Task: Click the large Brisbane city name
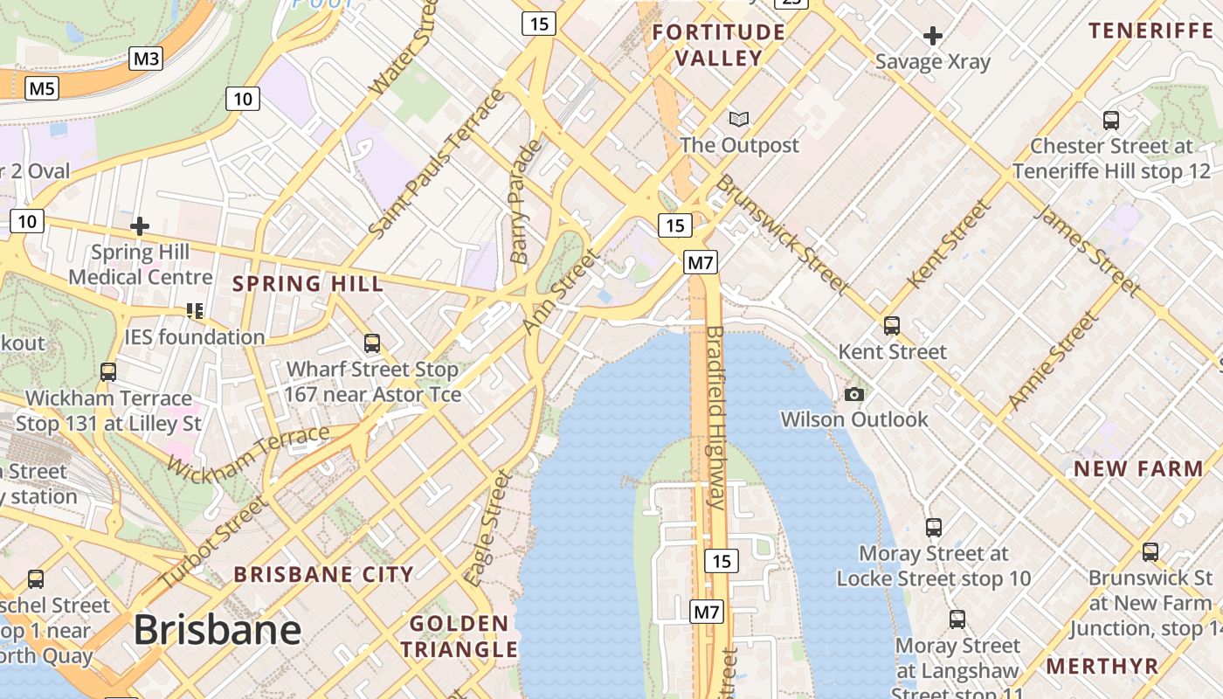[x=217, y=629]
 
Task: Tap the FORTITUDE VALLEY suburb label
[x=719, y=45]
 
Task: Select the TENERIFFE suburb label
[x=1150, y=31]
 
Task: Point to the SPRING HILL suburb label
[x=307, y=284]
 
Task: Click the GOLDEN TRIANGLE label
[x=459, y=637]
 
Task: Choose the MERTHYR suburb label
[x=1102, y=666]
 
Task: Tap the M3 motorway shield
[x=146, y=59]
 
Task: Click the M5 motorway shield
[x=42, y=88]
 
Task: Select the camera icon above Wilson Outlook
[x=854, y=394]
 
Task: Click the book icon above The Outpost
[x=739, y=119]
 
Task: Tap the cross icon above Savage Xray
[x=933, y=36]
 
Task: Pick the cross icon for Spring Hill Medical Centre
[x=139, y=227]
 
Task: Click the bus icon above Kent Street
[x=892, y=326]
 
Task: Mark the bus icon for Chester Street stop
[x=1111, y=121]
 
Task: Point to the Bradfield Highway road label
[x=715, y=418]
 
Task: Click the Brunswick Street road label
[x=782, y=233]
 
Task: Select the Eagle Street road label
[x=487, y=528]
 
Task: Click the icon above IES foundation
[x=194, y=311]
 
